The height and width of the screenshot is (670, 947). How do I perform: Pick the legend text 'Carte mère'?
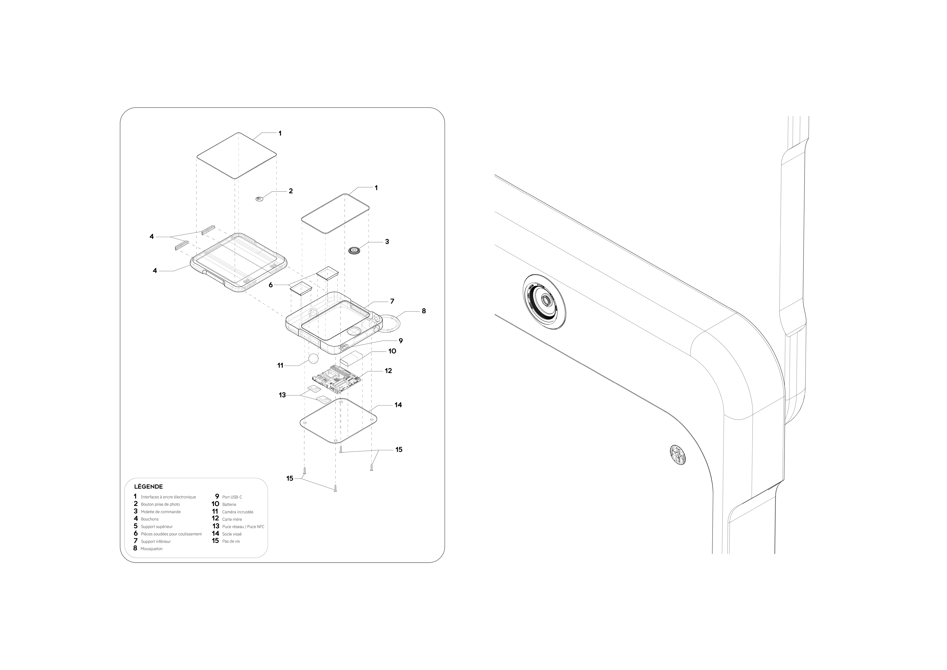(232, 519)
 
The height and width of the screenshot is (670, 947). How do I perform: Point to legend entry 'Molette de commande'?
(161, 512)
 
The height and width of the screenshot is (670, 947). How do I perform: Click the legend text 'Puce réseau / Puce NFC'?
(243, 527)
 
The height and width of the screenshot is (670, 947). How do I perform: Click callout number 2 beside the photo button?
(291, 191)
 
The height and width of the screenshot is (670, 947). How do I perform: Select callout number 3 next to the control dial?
(387, 242)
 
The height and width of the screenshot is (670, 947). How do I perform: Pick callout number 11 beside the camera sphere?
(280, 366)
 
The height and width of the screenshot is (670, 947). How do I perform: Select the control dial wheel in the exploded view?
(354, 250)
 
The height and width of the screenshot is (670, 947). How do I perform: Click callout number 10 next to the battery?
(392, 351)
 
